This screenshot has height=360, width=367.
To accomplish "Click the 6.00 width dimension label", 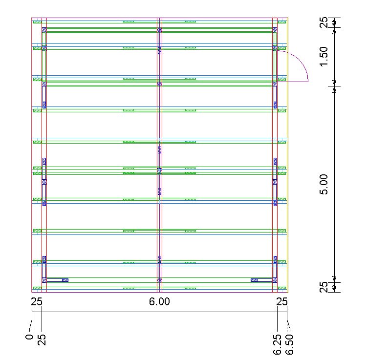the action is tap(159, 301).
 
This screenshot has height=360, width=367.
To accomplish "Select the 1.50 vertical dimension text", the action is tap(324, 57).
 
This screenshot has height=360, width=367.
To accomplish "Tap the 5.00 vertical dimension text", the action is tap(324, 184).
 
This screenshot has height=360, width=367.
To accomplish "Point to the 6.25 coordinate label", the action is tap(278, 344).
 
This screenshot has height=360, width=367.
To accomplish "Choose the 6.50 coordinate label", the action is tap(289, 344).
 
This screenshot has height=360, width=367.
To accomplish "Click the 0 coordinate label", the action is tap(30, 337).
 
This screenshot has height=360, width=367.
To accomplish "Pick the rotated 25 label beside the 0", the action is tap(42, 340).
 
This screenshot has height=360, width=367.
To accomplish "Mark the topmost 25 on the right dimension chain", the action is tap(324, 22).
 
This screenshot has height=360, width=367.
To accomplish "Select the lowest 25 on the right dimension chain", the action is tap(324, 287).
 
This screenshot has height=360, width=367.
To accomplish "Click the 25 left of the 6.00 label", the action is tap(37, 301).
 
